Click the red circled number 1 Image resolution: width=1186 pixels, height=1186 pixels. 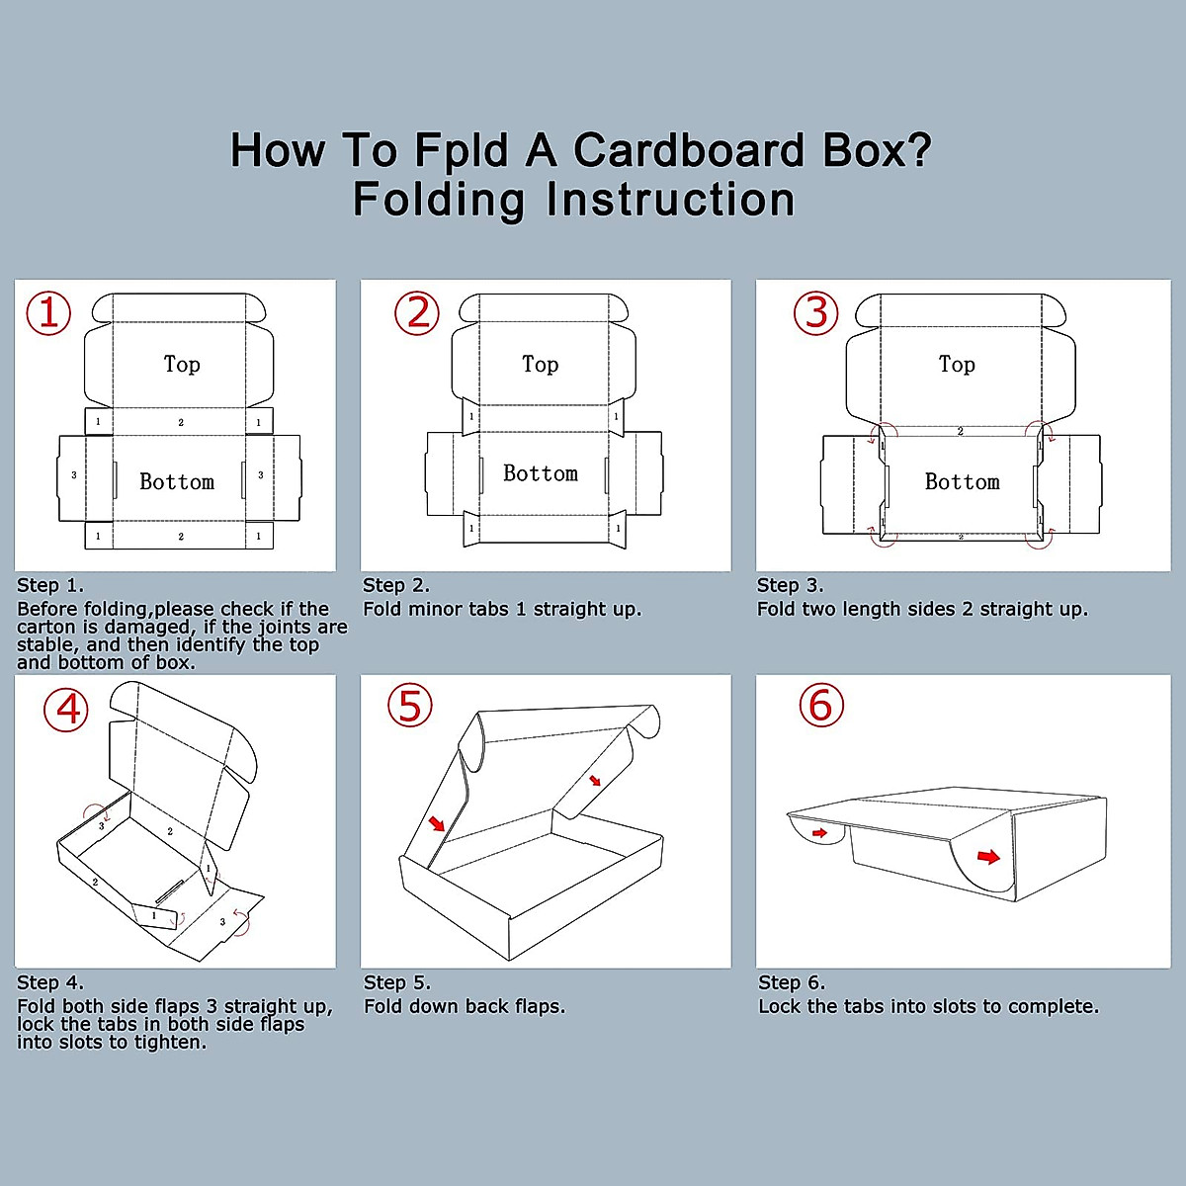pyautogui.click(x=48, y=313)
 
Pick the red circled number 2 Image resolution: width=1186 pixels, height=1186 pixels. pyautogui.click(x=417, y=313)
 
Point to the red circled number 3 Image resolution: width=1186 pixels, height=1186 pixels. pyautogui.click(x=816, y=313)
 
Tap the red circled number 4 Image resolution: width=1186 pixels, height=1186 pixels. pyautogui.click(x=66, y=710)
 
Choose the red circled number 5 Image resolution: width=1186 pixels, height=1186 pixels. pyautogui.click(x=410, y=707)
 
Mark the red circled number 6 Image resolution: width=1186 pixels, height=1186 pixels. pyautogui.click(x=820, y=706)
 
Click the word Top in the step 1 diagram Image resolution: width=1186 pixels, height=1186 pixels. pyautogui.click(x=182, y=365)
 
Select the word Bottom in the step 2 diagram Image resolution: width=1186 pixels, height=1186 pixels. pyautogui.click(x=541, y=473)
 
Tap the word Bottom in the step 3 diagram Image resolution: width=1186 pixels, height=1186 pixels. pyautogui.click(x=962, y=482)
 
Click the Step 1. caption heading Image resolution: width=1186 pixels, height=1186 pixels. pyautogui.click(x=50, y=585)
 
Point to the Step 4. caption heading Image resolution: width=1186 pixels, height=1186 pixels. pyautogui.click(x=50, y=982)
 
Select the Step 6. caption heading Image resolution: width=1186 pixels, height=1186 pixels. pyautogui.click(x=791, y=982)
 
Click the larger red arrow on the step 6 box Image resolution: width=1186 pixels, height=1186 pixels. pyautogui.click(x=988, y=856)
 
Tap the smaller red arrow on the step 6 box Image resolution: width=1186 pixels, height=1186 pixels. pyautogui.click(x=819, y=834)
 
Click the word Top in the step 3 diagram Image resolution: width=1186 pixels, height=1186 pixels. pyautogui.click(x=957, y=365)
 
